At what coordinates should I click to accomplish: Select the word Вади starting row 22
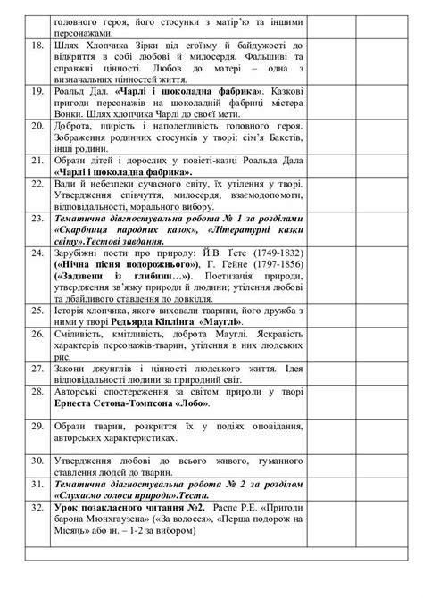67,182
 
